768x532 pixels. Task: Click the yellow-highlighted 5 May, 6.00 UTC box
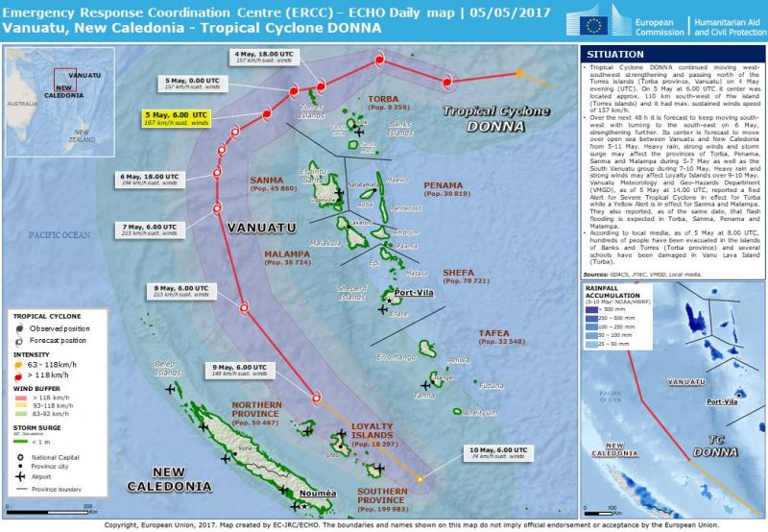[174, 118]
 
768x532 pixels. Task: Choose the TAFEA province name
[500, 335]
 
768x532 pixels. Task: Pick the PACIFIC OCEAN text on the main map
[58, 234]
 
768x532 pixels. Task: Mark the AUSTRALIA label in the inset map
[20, 101]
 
